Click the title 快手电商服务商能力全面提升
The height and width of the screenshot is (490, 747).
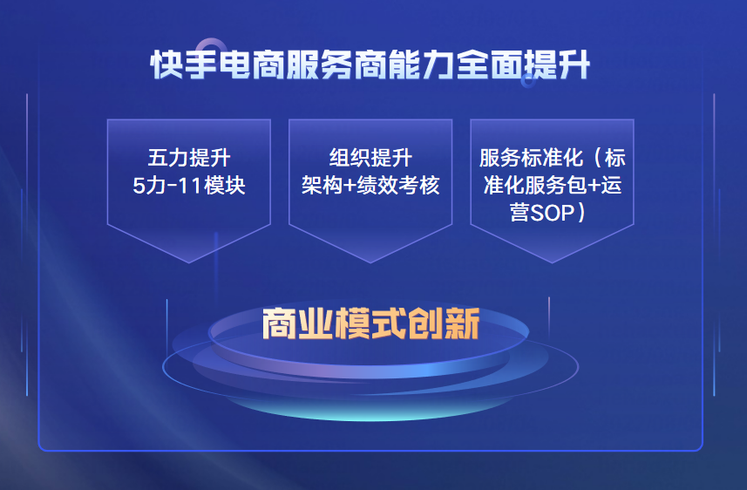click(370, 65)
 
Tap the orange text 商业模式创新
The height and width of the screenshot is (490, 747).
click(370, 323)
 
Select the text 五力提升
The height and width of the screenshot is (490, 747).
click(189, 158)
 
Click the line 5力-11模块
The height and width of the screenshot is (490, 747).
click(189, 185)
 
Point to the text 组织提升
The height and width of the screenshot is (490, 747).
click(370, 158)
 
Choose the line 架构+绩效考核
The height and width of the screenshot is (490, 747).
click(370, 185)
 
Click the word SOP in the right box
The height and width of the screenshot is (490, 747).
click(552, 213)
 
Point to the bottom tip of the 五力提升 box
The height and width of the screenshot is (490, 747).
click(189, 262)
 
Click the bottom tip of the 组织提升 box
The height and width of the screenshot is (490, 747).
click(370, 262)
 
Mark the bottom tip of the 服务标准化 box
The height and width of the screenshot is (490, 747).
click(552, 262)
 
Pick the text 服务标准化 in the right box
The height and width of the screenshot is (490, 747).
click(531, 158)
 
